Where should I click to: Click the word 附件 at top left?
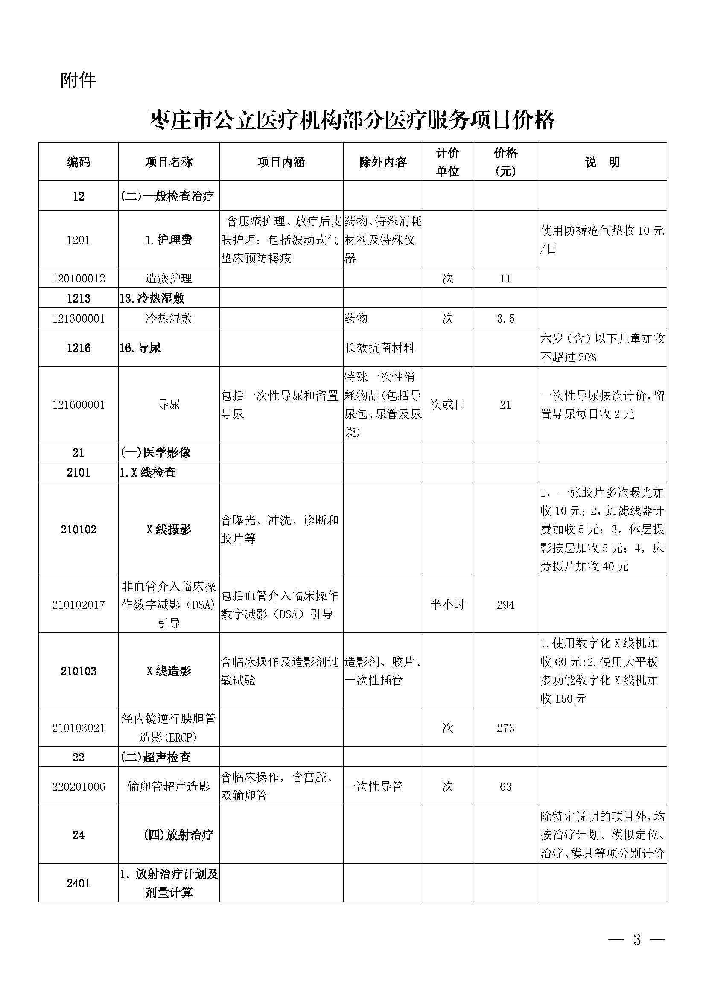point(78,80)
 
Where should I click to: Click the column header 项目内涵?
point(281,162)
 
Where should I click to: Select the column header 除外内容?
point(382,162)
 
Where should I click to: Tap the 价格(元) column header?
point(505,162)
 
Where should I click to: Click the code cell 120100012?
point(79,278)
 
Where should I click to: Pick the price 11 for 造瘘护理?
point(505,278)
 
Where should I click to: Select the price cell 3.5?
point(505,319)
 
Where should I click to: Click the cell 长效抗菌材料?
point(379,348)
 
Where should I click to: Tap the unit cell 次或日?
point(447,404)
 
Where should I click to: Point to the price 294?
point(505,605)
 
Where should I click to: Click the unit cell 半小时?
point(447,605)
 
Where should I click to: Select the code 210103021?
point(79,728)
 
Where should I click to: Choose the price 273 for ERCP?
point(505,728)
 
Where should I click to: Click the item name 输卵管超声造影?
point(169,786)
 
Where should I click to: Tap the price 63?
point(505,786)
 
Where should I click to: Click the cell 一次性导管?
point(374,786)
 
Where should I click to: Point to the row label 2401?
point(79,883)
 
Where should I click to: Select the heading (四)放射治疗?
point(178,835)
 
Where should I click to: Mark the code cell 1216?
point(79,348)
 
